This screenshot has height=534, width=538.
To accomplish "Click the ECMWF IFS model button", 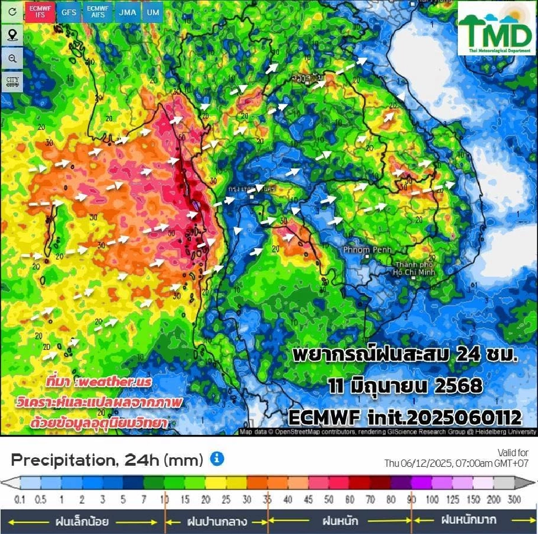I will click(x=40, y=12).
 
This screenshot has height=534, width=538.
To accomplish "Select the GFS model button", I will click(x=69, y=12).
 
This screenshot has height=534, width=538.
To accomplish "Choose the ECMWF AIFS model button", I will click(x=98, y=12).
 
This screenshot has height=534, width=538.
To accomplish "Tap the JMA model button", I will click(x=127, y=12).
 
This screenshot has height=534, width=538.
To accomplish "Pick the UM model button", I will click(x=151, y=12).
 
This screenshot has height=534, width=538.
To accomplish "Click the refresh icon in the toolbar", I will click(x=12, y=12).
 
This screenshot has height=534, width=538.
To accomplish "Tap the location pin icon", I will click(x=12, y=35).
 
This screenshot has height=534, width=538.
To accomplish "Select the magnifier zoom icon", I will click(x=12, y=59).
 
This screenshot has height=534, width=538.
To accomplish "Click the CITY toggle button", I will click(x=12, y=82).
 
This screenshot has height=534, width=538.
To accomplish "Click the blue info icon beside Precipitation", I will click(x=217, y=459).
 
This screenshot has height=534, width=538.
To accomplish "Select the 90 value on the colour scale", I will click(x=412, y=499).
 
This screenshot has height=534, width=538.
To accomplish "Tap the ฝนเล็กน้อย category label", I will click(x=82, y=522).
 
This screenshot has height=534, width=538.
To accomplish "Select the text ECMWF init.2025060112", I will click(x=405, y=418).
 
